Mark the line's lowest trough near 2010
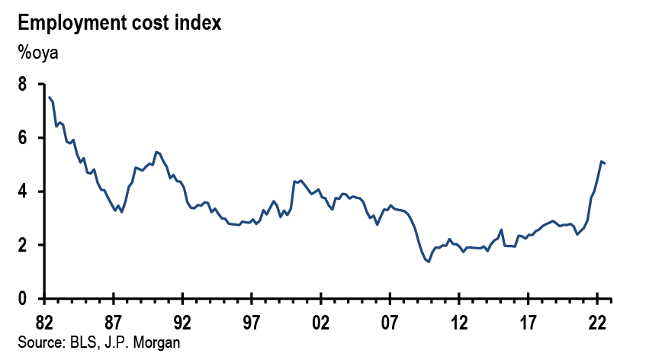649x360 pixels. click(x=429, y=262)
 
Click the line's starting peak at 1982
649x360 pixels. click(x=49, y=97)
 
